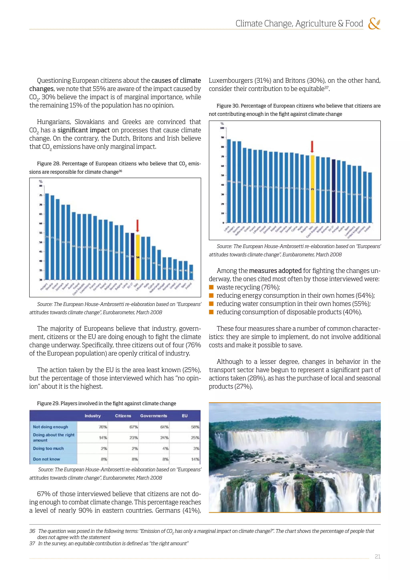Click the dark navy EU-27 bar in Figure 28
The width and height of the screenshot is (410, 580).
[x=132, y=256]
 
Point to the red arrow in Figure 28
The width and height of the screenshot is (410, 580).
[x=138, y=226]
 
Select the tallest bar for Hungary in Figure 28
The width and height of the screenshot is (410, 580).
[x=47, y=236]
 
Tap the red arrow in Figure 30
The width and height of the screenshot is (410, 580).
[x=312, y=147]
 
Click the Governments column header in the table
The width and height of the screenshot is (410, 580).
[x=154, y=416]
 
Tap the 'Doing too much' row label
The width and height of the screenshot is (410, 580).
[x=48, y=448]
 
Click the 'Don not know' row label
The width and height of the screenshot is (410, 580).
[x=46, y=459]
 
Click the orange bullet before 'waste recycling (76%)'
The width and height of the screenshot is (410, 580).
[x=211, y=287]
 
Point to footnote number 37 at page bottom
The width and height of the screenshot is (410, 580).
[x=32, y=543]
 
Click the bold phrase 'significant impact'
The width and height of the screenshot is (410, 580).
[x=83, y=130]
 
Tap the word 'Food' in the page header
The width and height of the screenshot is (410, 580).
[x=354, y=23]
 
